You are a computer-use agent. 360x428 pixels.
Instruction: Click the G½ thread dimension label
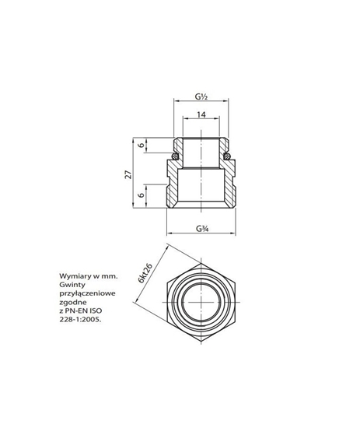point(201,98)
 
